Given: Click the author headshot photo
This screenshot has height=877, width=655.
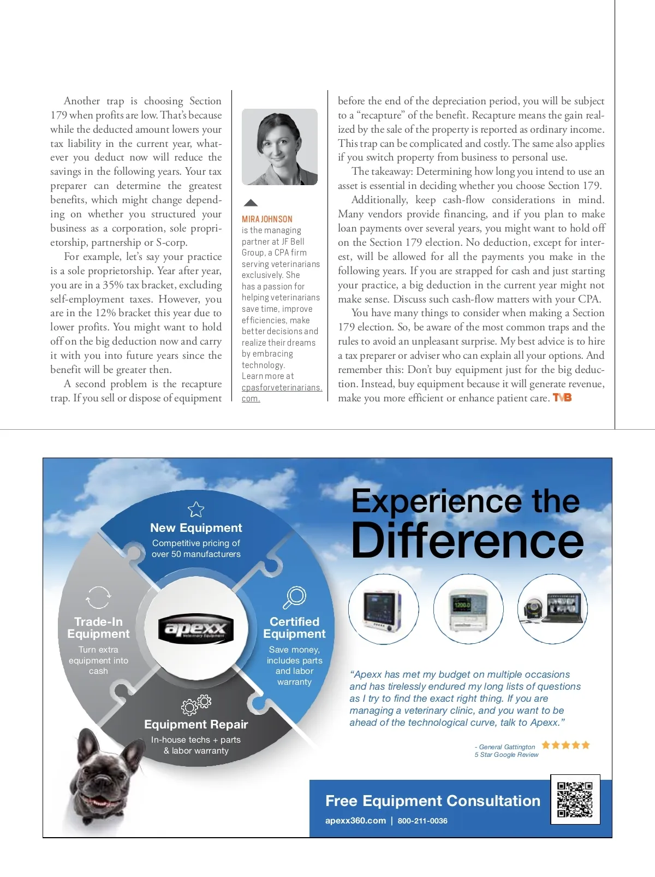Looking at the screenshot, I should point(279,147).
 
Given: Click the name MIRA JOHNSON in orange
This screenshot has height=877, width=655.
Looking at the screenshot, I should point(267,219).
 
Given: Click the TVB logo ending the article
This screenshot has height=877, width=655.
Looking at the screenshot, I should point(562,398).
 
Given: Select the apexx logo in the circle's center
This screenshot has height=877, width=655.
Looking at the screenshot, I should point(196,629).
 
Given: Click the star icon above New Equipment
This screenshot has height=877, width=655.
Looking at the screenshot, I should point(196,509).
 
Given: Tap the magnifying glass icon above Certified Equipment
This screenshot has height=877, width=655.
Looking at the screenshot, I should point(295,597).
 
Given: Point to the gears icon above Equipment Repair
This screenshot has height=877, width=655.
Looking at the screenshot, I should point(196,704).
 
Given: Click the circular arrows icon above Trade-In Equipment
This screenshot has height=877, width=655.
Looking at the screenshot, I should point(98,597).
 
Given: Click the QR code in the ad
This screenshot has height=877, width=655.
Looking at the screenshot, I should point(575,799).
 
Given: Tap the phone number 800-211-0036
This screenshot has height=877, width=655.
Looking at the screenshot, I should point(422,821).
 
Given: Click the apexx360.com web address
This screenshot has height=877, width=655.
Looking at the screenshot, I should point(355,821).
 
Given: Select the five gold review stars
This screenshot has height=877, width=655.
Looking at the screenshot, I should point(565,745).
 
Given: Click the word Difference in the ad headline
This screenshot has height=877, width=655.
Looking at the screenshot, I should point(467,540).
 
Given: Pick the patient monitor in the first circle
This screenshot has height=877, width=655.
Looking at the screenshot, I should point(383,609).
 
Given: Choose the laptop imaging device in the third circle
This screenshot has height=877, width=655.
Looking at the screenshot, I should point(552,609).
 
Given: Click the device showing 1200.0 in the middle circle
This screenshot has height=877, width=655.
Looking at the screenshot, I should point(468,609).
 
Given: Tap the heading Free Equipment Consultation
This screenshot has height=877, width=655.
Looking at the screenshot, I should point(432,801).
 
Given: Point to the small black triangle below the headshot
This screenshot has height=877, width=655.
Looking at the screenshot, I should point(251,203).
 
